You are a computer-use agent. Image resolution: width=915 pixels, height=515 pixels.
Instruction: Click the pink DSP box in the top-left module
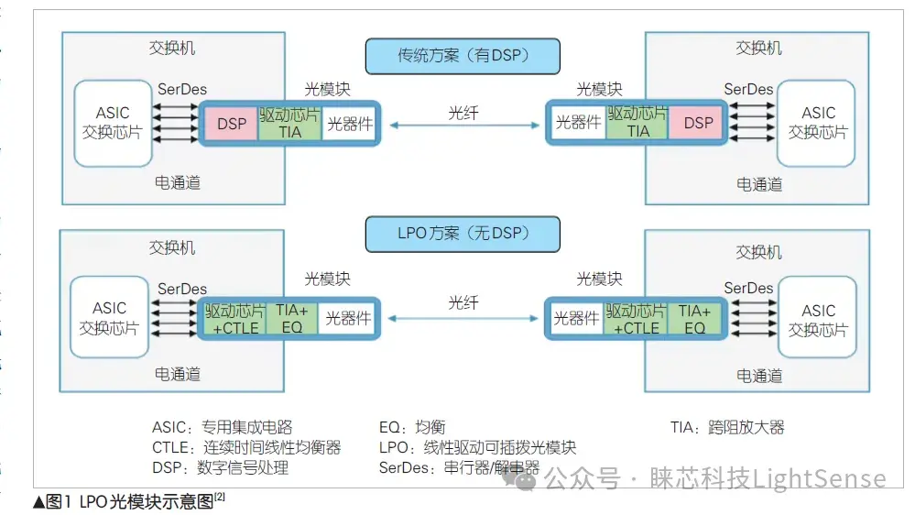pos(231,123)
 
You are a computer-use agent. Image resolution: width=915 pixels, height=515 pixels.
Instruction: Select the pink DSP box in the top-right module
pos(698,123)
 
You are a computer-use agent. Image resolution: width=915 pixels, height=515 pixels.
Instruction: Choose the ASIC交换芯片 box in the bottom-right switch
pos(817,321)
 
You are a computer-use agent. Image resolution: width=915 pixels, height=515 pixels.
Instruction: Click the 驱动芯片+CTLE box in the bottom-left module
pos(234,319)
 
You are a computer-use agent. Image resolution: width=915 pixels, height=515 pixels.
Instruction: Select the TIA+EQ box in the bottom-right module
pos(695,319)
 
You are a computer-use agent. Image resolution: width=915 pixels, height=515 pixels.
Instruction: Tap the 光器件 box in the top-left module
pos(350,123)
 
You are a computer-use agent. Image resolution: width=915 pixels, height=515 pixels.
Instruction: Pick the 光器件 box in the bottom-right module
pos(576,319)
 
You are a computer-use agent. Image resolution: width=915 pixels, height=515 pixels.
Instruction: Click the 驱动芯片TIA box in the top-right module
pos(637,123)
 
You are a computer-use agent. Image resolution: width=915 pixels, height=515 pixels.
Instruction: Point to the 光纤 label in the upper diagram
pos(463,113)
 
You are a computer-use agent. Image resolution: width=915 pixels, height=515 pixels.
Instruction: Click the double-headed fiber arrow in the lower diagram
pos(463,319)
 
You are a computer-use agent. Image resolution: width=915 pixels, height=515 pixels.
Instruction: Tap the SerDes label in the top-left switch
pos(182,90)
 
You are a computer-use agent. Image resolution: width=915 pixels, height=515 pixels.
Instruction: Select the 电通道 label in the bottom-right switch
pos(759,375)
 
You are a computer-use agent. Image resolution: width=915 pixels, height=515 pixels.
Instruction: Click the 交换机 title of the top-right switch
pos(759,48)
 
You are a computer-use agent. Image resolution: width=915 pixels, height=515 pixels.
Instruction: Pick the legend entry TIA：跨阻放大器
pos(727,427)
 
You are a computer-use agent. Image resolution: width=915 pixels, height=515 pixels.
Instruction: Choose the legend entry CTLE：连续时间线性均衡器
pos(246,447)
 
